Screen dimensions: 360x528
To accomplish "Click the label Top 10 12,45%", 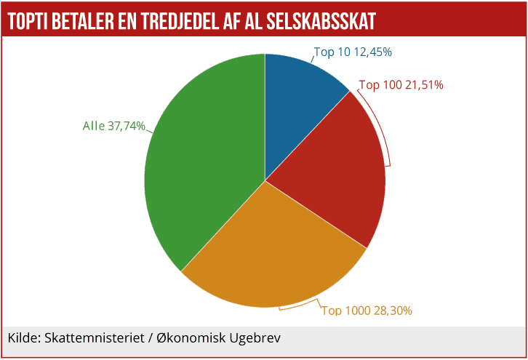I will pyautogui.click(x=352, y=52).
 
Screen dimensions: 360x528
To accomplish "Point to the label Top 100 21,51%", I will pyautogui.click(x=401, y=84).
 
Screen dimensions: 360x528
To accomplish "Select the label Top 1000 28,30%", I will pyautogui.click(x=367, y=311).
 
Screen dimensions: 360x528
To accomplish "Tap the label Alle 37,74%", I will pyautogui.click(x=114, y=126).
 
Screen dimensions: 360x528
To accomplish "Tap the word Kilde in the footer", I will pyautogui.click(x=23, y=338).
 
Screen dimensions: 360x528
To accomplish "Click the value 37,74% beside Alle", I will pyautogui.click(x=127, y=126).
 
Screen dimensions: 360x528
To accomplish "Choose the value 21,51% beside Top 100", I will pyautogui.click(x=424, y=84).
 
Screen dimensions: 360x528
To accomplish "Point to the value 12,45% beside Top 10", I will pyautogui.click(x=372, y=52).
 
